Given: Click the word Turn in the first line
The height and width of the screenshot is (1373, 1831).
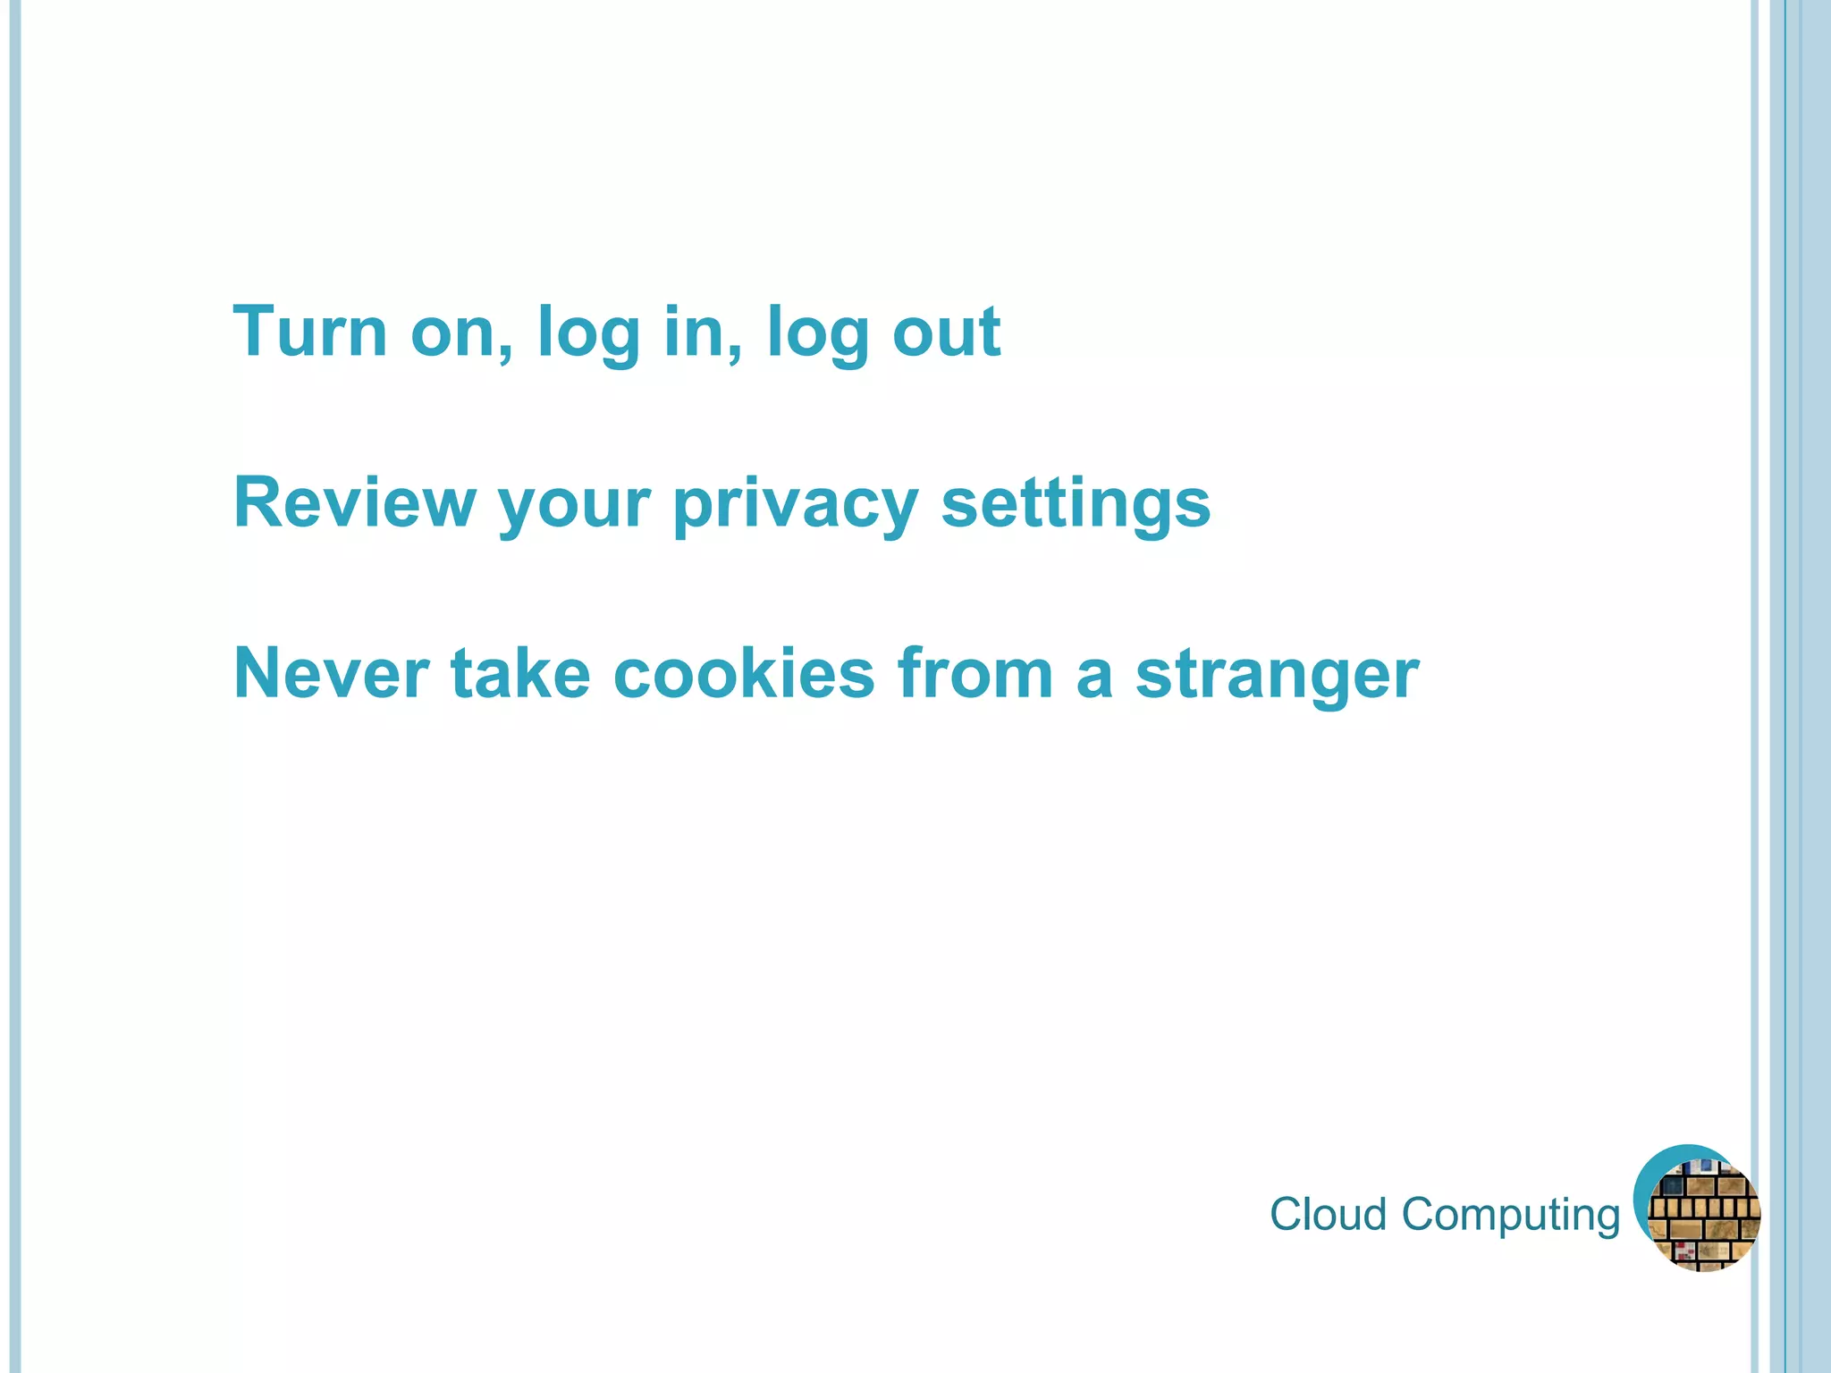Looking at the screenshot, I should click(x=309, y=332).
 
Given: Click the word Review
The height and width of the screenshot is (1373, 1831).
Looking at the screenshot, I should click(x=354, y=503).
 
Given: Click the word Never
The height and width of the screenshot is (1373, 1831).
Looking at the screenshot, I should click(x=332, y=674).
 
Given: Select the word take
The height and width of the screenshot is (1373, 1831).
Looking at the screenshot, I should click(x=520, y=674).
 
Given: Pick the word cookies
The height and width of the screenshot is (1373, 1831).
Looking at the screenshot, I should click(x=744, y=674).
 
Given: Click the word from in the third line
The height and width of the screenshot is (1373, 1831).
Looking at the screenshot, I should click(x=975, y=674).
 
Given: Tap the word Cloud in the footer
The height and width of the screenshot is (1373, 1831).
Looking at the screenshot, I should click(x=1328, y=1215).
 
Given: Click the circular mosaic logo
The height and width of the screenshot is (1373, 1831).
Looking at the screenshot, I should click(x=1698, y=1209).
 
